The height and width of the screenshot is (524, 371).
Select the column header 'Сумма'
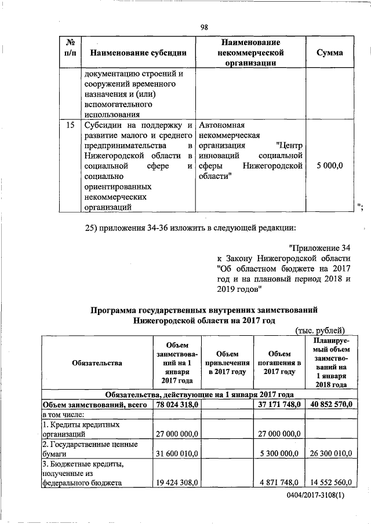(x=329, y=53)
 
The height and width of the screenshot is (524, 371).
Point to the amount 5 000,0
(x=329, y=165)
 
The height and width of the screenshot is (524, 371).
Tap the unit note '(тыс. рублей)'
(x=321, y=330)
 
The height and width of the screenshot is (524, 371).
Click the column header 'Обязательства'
(x=97, y=363)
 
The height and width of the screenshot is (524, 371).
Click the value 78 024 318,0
(x=176, y=404)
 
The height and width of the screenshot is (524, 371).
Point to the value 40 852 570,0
(x=328, y=404)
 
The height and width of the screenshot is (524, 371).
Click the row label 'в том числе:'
(x=63, y=414)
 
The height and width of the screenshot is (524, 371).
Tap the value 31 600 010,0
(x=176, y=454)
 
